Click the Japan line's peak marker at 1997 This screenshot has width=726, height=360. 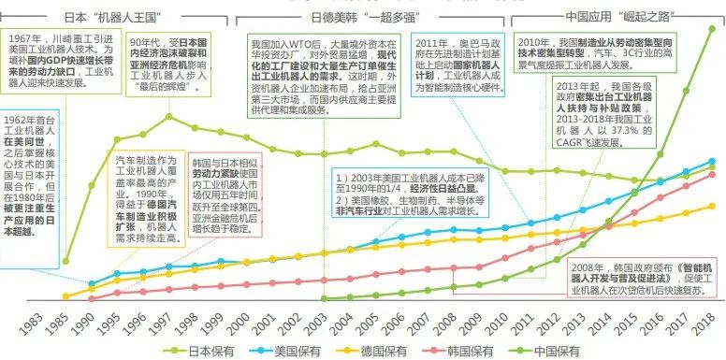coord(169,116)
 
